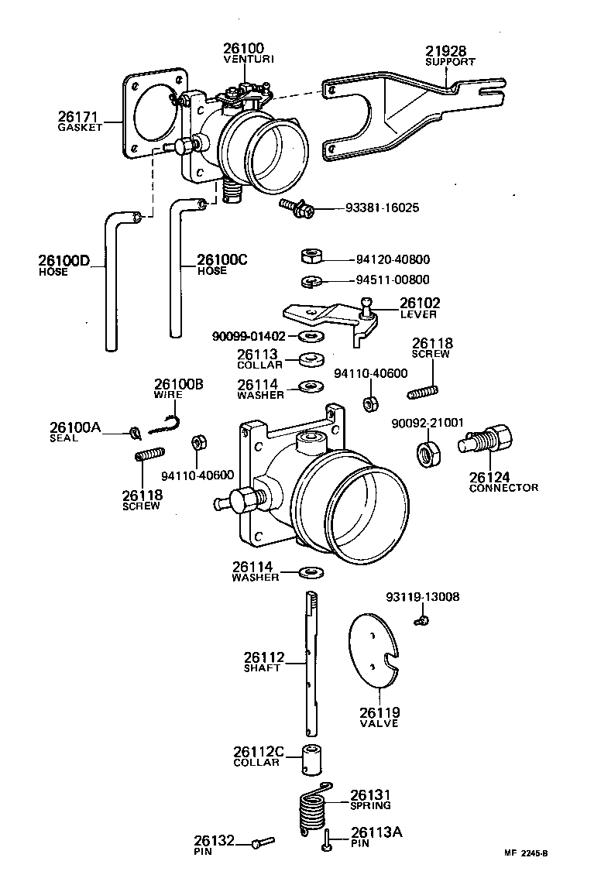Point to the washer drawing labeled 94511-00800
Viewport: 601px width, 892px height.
pos(311,280)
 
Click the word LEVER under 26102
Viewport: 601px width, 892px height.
pos(418,314)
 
